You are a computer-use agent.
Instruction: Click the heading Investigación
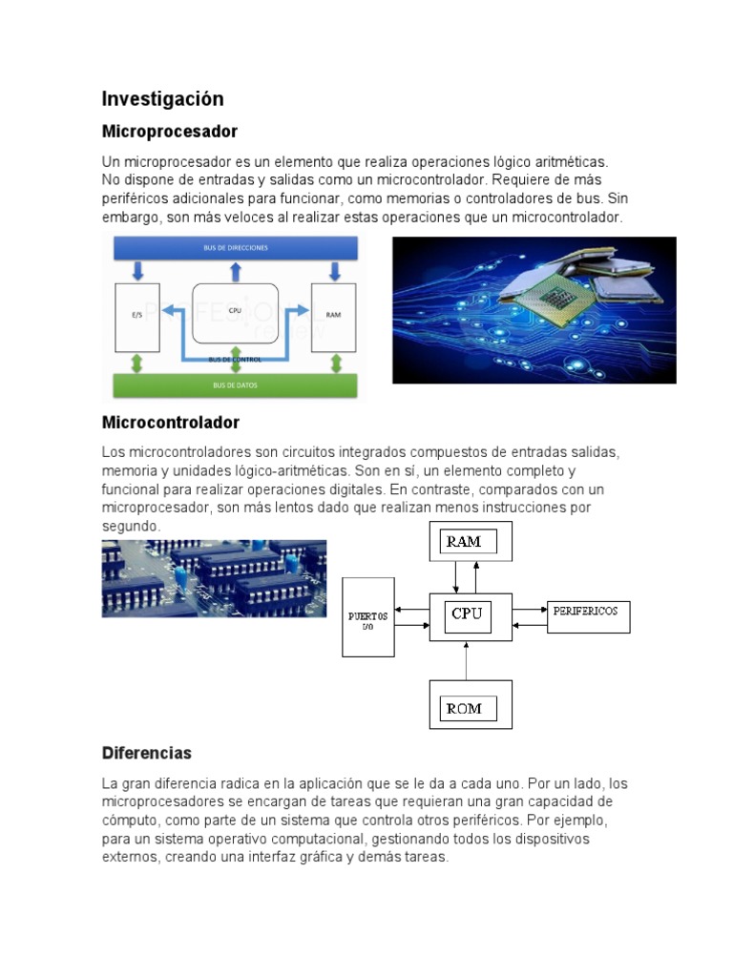163,99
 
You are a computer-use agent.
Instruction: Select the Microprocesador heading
170,131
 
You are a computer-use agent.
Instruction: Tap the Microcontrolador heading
171,422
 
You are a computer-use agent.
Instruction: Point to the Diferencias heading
147,753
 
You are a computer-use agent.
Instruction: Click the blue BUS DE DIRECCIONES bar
235,248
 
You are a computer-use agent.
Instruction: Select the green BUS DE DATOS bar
235,385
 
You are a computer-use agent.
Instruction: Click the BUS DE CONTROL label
235,359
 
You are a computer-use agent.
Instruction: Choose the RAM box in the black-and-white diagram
471,541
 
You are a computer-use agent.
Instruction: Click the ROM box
471,705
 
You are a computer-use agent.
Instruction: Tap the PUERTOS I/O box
368,617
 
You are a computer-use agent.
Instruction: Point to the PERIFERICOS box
587,612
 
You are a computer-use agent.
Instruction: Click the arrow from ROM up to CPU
467,659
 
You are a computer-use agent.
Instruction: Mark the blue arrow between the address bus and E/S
137,271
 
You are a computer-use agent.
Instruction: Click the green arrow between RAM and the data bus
334,364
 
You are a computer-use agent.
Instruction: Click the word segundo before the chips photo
131,527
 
